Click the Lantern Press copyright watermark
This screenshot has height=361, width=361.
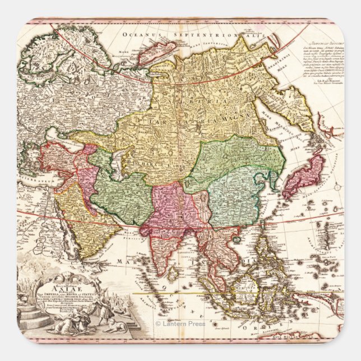(x=180, y=323)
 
